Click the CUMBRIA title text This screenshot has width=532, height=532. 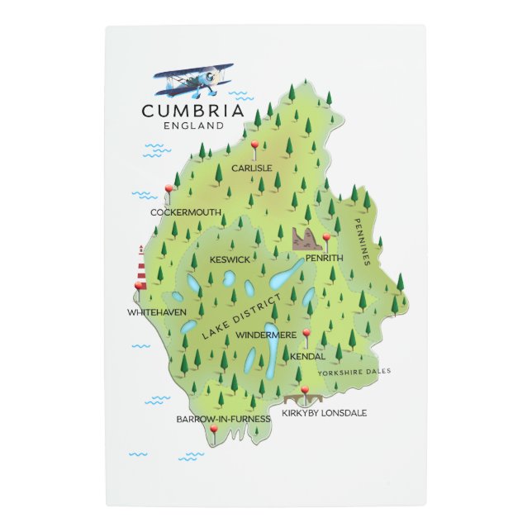(192, 111)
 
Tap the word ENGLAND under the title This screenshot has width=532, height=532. (193, 126)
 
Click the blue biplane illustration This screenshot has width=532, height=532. (195, 79)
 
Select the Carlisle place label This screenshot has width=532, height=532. (252, 168)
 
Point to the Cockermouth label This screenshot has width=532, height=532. (186, 212)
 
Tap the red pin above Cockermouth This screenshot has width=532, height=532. (169, 191)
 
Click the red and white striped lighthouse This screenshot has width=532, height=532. (141, 267)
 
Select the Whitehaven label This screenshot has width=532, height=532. (157, 312)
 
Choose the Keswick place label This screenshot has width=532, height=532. (230, 259)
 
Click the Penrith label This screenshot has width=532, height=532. (324, 259)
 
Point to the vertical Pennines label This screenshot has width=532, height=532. (359, 243)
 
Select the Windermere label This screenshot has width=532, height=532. (266, 335)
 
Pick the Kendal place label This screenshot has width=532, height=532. (307, 356)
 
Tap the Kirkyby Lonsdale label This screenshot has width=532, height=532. (324, 412)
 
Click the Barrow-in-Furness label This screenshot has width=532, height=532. (223, 419)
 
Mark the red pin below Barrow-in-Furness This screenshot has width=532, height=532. (213, 431)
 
